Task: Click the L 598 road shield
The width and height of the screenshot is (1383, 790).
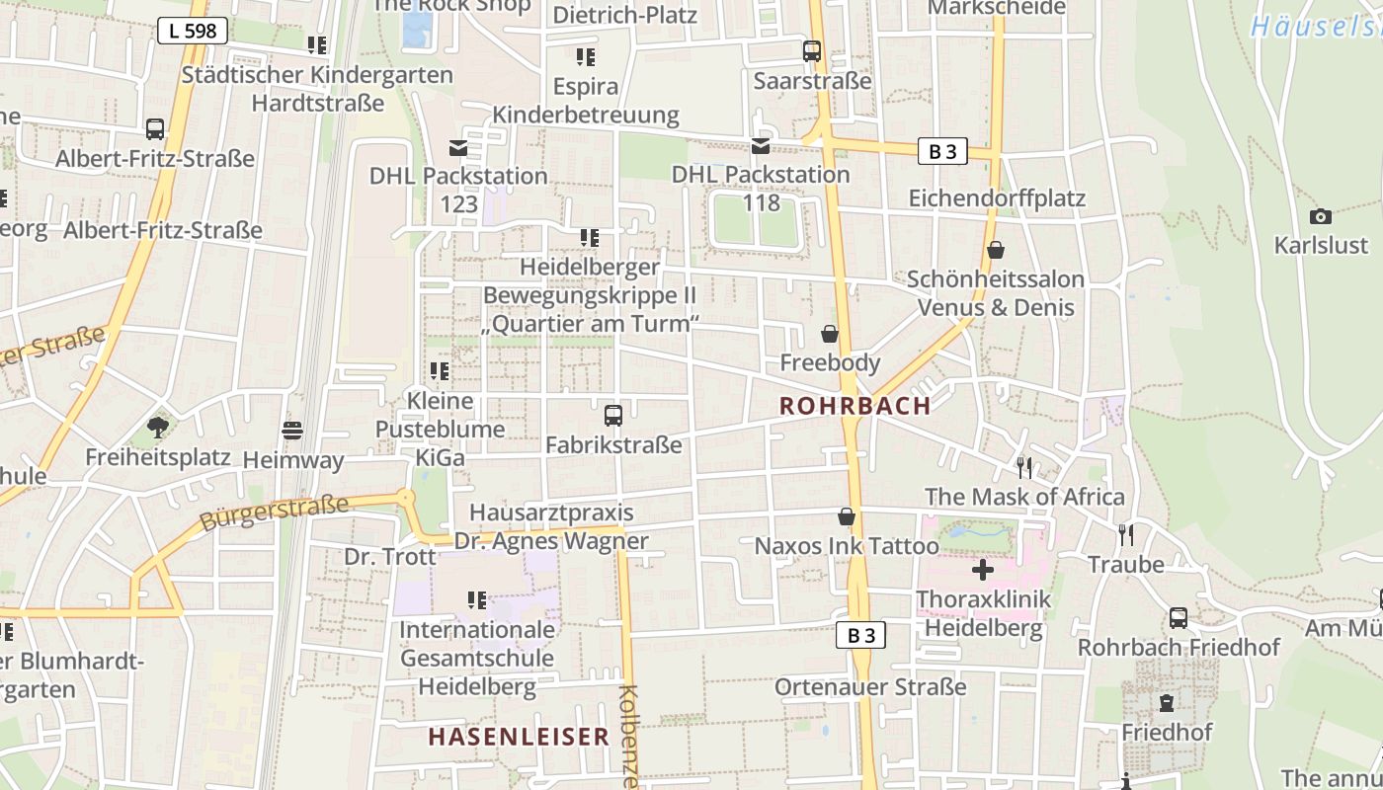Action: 193,31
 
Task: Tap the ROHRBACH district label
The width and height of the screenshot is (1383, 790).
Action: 855,406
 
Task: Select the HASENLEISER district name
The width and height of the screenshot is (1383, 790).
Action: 519,737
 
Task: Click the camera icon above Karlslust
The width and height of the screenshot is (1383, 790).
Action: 1320,217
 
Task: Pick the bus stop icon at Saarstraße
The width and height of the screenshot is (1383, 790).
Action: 812,51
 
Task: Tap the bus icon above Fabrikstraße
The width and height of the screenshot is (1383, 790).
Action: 613,416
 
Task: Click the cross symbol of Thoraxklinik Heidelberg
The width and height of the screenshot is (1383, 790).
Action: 982,570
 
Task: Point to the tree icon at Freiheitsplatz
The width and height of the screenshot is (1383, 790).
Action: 157,428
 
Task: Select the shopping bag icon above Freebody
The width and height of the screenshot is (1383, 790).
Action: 830,334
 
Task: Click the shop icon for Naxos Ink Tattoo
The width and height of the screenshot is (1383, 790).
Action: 847,516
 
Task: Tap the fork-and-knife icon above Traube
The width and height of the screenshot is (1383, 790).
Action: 1126,535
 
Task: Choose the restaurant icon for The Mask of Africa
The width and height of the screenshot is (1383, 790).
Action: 1024,467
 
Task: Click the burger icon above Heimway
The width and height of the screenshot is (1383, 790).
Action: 292,431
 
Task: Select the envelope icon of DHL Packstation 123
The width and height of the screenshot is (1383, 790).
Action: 458,148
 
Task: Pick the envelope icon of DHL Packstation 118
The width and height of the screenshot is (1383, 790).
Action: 761,146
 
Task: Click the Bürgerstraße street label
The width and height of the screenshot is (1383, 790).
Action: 274,513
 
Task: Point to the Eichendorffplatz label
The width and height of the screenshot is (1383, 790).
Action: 997,198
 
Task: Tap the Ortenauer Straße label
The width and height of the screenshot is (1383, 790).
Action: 870,687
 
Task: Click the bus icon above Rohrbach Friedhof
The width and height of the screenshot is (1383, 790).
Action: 1179,618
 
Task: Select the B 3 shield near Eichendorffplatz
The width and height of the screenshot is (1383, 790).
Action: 942,151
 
